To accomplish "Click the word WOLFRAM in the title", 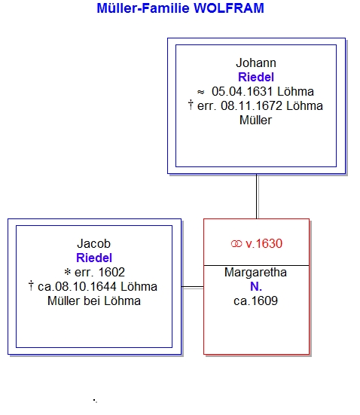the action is pyautogui.click(x=229, y=8).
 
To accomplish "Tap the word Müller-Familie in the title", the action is pyautogui.click(x=143, y=8).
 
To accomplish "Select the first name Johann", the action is pyautogui.click(x=256, y=63).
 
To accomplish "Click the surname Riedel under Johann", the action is pyautogui.click(x=256, y=78).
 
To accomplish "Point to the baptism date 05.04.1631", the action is pyautogui.click(x=243, y=92).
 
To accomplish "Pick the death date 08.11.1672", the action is pyautogui.click(x=252, y=106).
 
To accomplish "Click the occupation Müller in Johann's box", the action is pyautogui.click(x=256, y=121).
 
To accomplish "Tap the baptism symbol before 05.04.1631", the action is pyautogui.click(x=200, y=92).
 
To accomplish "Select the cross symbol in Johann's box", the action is pyautogui.click(x=191, y=105).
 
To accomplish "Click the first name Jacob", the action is pyautogui.click(x=93, y=243).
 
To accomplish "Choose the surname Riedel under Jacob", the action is pyautogui.click(x=94, y=258).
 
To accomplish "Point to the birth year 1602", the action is pyautogui.click(x=111, y=273).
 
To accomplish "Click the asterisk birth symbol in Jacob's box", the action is pyautogui.click(x=68, y=272).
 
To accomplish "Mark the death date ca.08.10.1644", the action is pyautogui.click(x=77, y=287).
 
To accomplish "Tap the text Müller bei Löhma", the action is pyautogui.click(x=94, y=301).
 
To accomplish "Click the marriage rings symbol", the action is pyautogui.click(x=236, y=244).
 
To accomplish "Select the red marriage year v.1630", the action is pyautogui.click(x=264, y=243).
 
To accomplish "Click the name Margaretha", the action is pyautogui.click(x=256, y=273).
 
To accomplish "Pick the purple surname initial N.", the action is pyautogui.click(x=256, y=287).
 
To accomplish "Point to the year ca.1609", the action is pyautogui.click(x=256, y=301).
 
